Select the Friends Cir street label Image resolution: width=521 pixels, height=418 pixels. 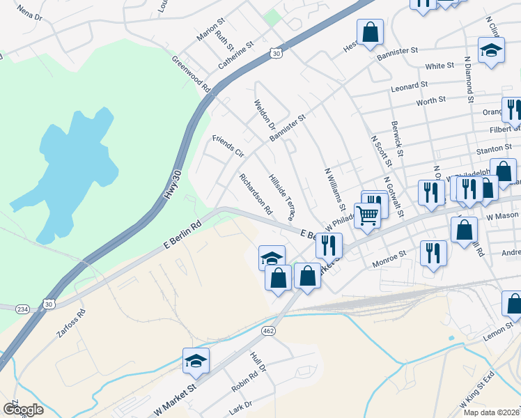[x=228, y=146]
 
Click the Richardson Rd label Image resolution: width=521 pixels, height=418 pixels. [x=255, y=194]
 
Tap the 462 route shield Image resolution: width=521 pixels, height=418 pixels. [x=267, y=330]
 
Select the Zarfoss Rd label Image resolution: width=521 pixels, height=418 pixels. [x=71, y=325]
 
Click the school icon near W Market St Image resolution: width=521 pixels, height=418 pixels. [x=196, y=361]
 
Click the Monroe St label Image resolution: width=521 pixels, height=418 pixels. [x=389, y=258]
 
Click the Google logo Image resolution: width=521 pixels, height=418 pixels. [x=23, y=410]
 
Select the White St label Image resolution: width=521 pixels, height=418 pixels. [x=440, y=66]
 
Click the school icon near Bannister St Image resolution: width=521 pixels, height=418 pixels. [x=492, y=50]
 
